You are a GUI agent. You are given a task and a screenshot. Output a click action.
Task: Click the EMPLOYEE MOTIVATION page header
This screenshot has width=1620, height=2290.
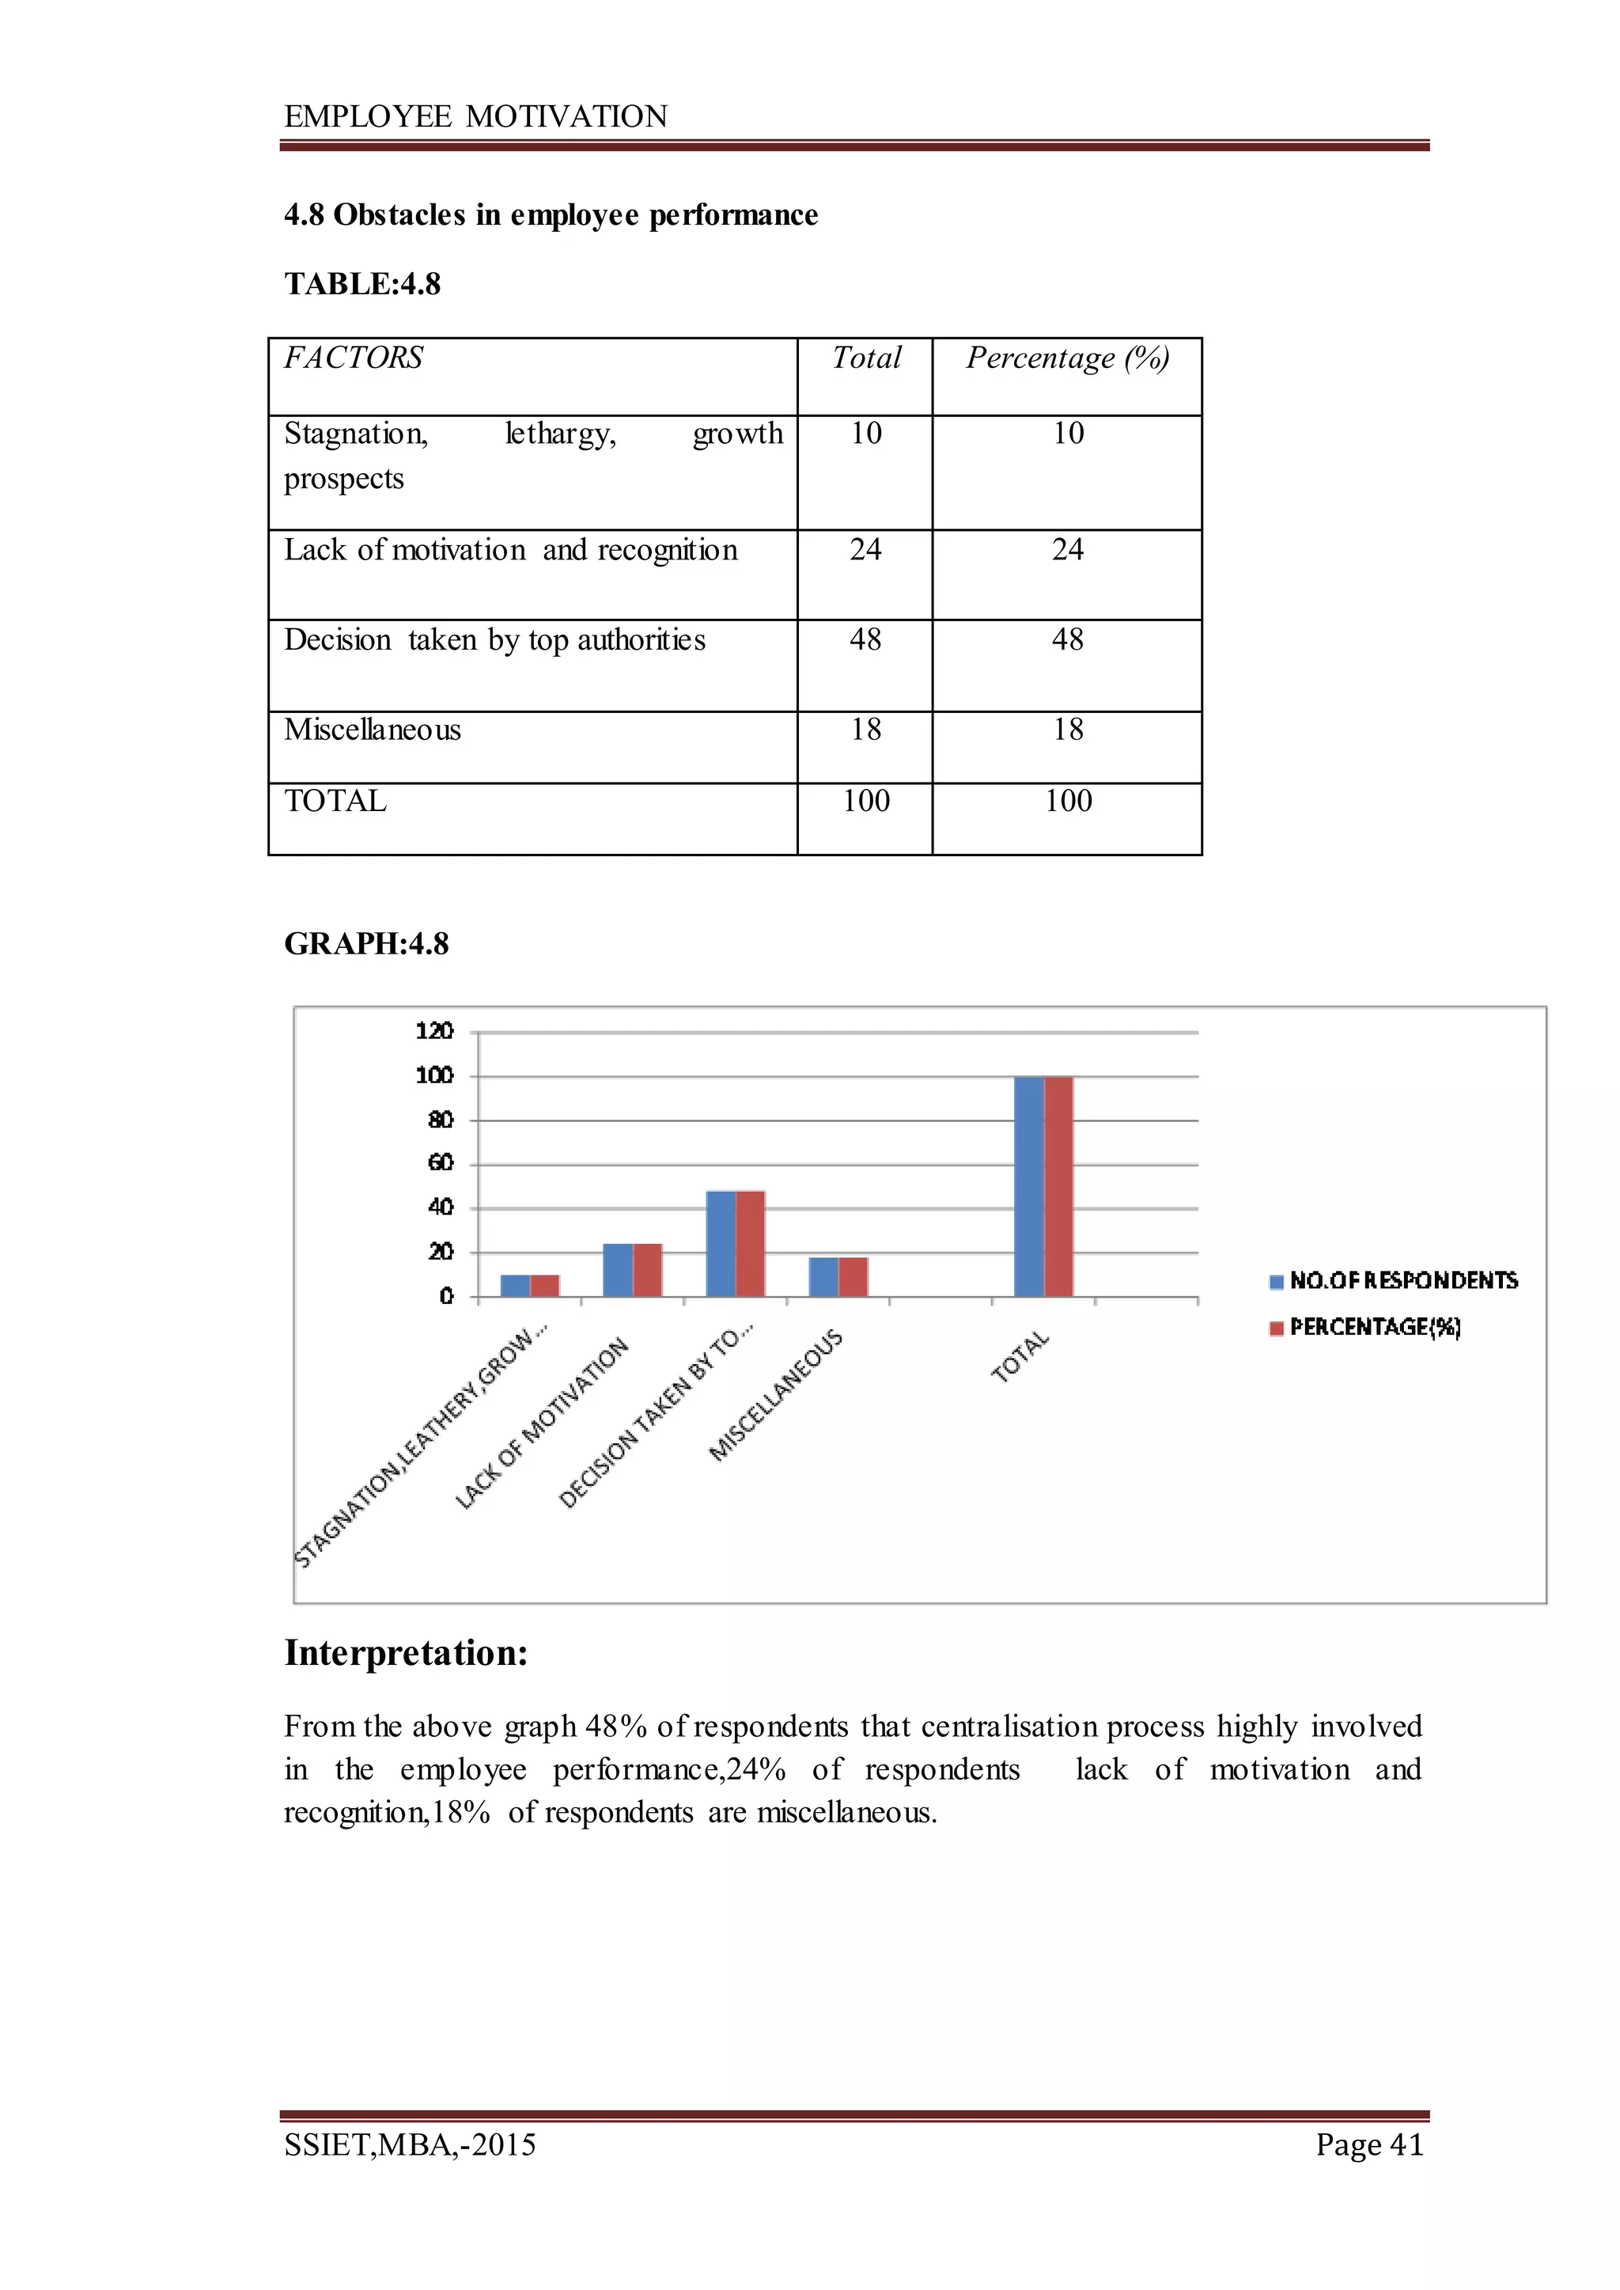[x=476, y=117]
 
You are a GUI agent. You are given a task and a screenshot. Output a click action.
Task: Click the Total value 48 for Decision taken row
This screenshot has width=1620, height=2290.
[x=865, y=639]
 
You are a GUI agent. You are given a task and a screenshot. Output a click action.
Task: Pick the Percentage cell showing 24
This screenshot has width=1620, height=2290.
[x=1066, y=549]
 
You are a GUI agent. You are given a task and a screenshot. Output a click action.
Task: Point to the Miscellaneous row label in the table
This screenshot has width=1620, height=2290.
[x=372, y=730]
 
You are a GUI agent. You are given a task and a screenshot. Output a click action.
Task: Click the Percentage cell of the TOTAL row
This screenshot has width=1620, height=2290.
[x=1067, y=800]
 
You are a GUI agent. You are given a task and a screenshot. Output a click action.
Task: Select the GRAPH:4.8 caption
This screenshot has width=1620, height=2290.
[x=366, y=943]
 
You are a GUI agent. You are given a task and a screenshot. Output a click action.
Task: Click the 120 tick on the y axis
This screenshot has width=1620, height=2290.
[x=434, y=1031]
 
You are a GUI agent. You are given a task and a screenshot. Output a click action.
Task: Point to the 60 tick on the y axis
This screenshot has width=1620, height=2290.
[x=440, y=1162]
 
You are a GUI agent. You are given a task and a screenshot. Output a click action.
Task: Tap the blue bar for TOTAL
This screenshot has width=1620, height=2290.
[x=1028, y=1188]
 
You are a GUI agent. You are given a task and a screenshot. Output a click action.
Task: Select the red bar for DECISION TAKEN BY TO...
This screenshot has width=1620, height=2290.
[x=750, y=1243]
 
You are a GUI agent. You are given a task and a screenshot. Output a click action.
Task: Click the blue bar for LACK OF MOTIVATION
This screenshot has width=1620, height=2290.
[x=618, y=1269]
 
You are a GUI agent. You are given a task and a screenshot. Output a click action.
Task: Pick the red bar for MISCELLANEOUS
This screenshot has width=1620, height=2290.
[x=853, y=1276]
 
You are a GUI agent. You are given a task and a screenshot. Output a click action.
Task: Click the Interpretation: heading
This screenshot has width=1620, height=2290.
[x=406, y=1653]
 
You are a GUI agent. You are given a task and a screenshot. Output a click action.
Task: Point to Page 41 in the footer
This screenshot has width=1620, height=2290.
[x=1368, y=2144]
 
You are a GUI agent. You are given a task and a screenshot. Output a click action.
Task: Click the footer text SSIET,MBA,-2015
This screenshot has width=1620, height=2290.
[x=410, y=2144]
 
